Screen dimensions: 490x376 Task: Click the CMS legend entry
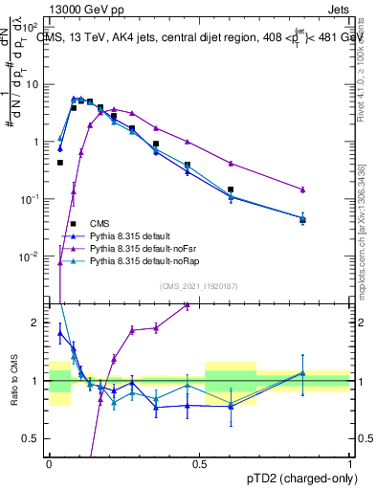107,223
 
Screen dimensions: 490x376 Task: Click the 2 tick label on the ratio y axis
37,323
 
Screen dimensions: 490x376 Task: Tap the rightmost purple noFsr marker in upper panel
302,189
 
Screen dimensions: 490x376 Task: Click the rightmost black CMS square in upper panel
302,220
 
